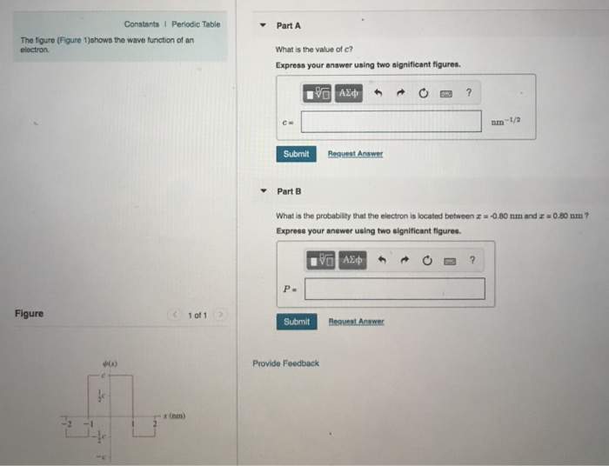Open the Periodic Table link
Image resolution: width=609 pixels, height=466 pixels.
196,23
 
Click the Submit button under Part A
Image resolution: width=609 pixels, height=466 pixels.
296,154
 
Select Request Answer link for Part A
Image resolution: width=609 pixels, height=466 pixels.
355,154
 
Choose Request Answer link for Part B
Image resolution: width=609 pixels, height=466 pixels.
355,322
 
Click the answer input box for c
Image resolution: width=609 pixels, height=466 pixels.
391,121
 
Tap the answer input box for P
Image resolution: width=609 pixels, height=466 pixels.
394,289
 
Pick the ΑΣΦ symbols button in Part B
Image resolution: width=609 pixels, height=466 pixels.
353,260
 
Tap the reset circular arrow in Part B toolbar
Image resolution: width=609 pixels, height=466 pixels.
427,260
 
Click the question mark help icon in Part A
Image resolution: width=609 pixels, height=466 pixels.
468,92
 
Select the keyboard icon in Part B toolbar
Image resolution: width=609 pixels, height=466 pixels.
450,260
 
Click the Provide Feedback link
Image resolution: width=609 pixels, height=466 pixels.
285,363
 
